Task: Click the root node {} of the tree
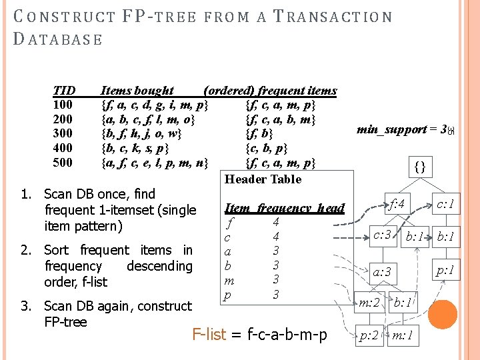[x=420, y=165]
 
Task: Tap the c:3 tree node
[x=382, y=235]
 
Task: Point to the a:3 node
[x=382, y=271]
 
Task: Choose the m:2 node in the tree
[x=369, y=303]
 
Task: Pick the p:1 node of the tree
[x=444, y=269]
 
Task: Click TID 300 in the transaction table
[x=63, y=133]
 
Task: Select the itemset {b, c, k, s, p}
[x=134, y=148]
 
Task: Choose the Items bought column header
[x=137, y=90]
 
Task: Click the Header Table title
[x=263, y=179]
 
